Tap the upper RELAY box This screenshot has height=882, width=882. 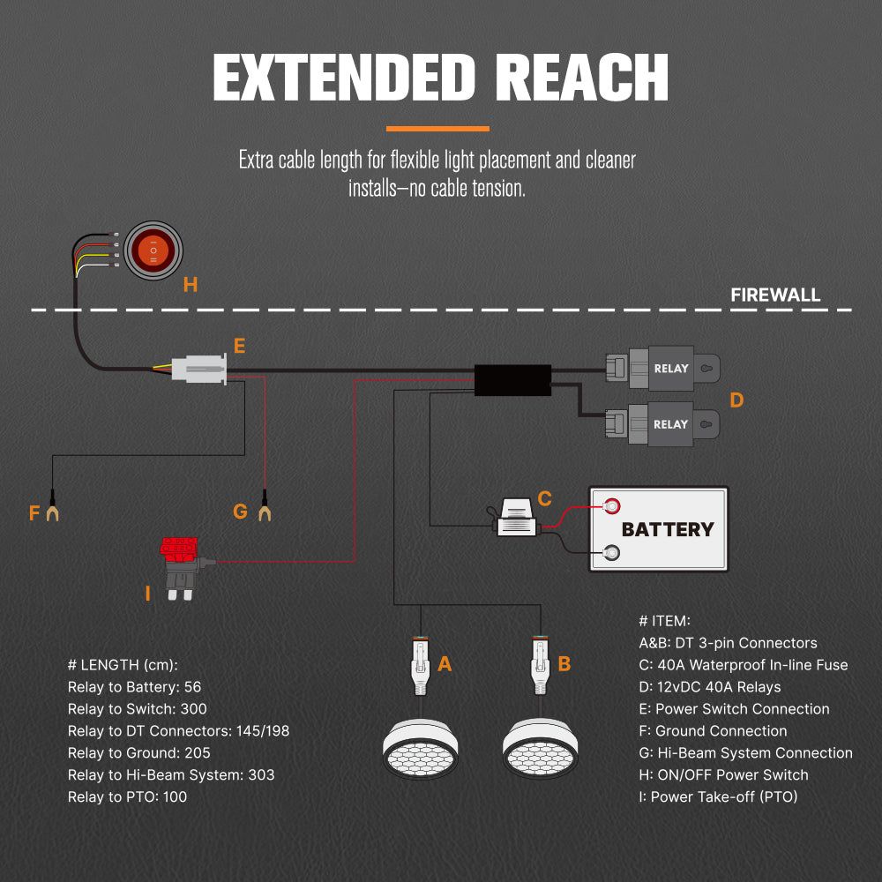(x=670, y=367)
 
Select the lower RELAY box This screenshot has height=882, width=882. (x=670, y=423)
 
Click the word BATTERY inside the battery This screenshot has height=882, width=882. (x=668, y=530)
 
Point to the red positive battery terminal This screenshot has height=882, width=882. (x=610, y=506)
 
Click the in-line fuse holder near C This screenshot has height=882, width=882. (x=515, y=519)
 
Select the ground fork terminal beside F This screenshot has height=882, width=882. (x=54, y=509)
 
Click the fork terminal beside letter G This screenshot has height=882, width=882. (x=264, y=509)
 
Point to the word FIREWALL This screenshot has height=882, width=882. (x=775, y=295)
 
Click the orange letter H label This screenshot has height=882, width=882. (x=191, y=284)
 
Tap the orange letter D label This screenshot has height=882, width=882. (x=736, y=400)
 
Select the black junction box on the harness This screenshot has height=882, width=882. (x=512, y=379)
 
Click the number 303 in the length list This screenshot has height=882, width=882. (x=260, y=774)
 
